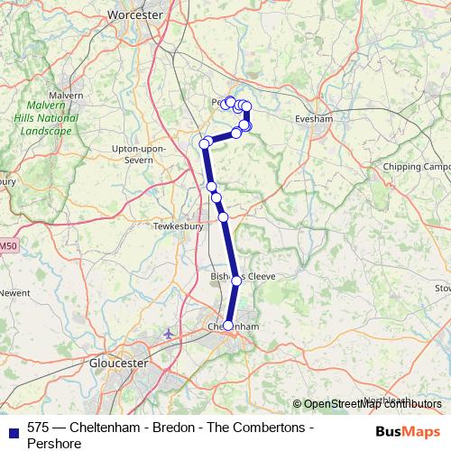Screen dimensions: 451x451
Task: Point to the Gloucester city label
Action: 119,363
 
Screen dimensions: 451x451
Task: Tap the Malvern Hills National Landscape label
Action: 42,117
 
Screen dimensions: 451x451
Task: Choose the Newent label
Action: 14,293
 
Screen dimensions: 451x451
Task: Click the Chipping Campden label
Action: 416,168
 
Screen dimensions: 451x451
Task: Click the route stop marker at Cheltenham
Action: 228,326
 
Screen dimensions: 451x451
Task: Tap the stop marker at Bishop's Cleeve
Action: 237,281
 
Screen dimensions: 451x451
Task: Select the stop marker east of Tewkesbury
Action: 223,217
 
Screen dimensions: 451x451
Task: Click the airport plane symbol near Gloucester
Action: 169,334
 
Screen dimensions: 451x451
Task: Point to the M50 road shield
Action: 7,245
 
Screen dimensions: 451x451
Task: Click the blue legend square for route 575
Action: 12,428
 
